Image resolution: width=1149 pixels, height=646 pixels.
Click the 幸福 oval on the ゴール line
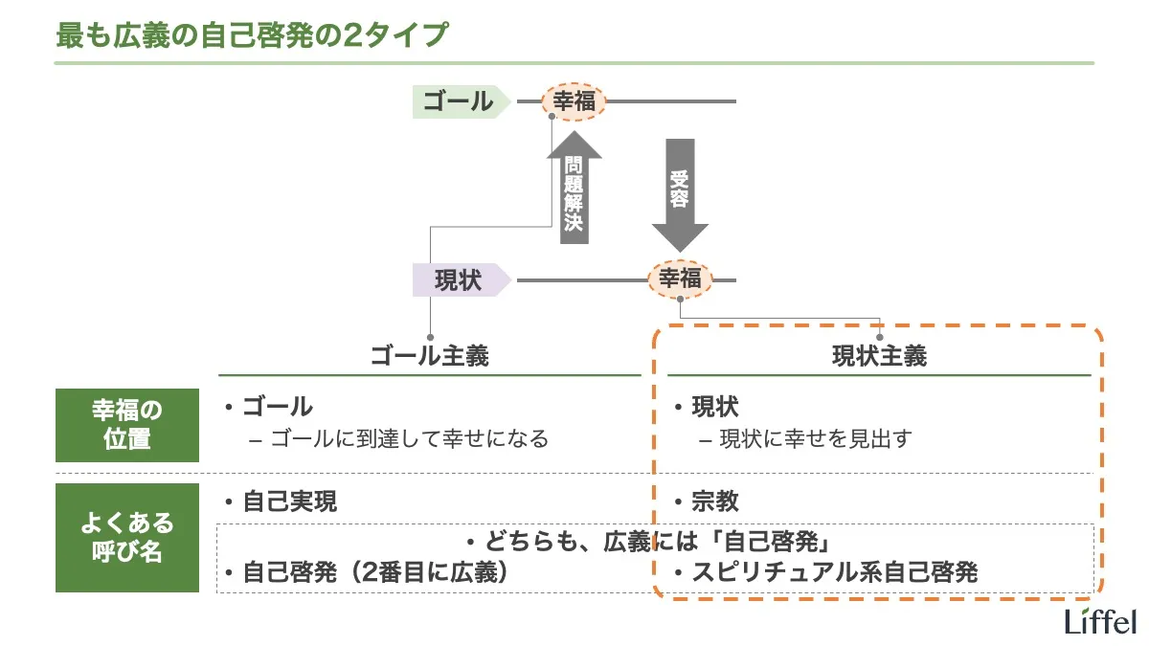click(574, 100)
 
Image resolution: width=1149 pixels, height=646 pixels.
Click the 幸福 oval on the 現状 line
click(681, 279)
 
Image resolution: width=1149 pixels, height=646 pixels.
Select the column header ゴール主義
click(430, 357)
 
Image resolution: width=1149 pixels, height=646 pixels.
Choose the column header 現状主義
click(879, 357)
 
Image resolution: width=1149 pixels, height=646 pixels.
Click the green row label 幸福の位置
click(127, 425)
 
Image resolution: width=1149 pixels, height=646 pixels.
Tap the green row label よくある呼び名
click(127, 538)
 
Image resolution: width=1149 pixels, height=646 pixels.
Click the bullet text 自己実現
click(289, 501)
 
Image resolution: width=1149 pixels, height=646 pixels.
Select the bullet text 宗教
click(715, 501)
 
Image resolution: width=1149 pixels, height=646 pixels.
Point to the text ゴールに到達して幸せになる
click(409, 439)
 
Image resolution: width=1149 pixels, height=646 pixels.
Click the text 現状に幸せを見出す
click(815, 439)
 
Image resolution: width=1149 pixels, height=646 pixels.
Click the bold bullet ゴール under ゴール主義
click(278, 406)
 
